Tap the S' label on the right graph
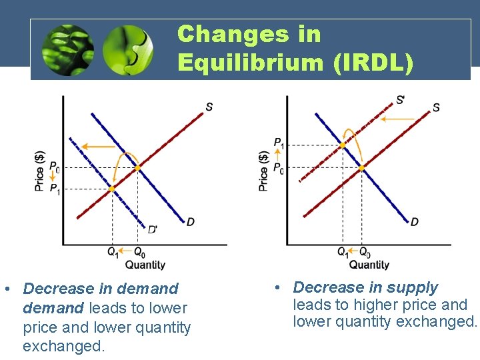[x=400, y=100]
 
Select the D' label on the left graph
[x=153, y=229]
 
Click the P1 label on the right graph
[x=279, y=143]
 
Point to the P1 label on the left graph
[x=55, y=189]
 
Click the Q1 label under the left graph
[x=113, y=253]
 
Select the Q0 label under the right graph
[x=365, y=253]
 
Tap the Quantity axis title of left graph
[x=145, y=265]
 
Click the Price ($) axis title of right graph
[x=264, y=170]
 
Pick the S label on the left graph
[x=209, y=107]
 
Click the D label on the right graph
[x=415, y=221]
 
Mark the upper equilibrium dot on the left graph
[x=138, y=168]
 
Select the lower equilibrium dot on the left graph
[x=112, y=189]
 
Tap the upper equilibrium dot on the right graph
[x=343, y=145]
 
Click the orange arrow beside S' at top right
[x=396, y=119]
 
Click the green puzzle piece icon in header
[x=127, y=49]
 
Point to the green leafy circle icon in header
[x=67, y=49]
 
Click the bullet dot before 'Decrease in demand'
[x=6, y=289]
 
